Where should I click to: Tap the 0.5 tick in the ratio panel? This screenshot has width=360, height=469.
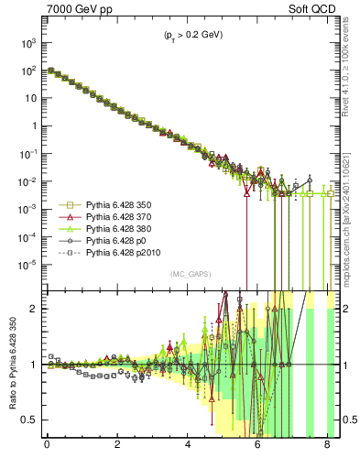pyautogui.click(x=30, y=420)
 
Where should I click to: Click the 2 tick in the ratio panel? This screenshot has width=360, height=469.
pyautogui.click(x=34, y=309)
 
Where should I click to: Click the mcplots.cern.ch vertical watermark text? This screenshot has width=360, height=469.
pyautogui.click(x=351, y=220)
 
